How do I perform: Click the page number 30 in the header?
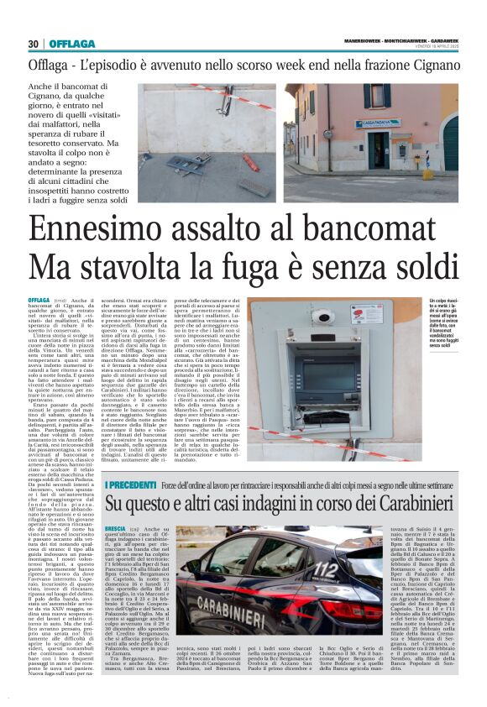click(x=34, y=44)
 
